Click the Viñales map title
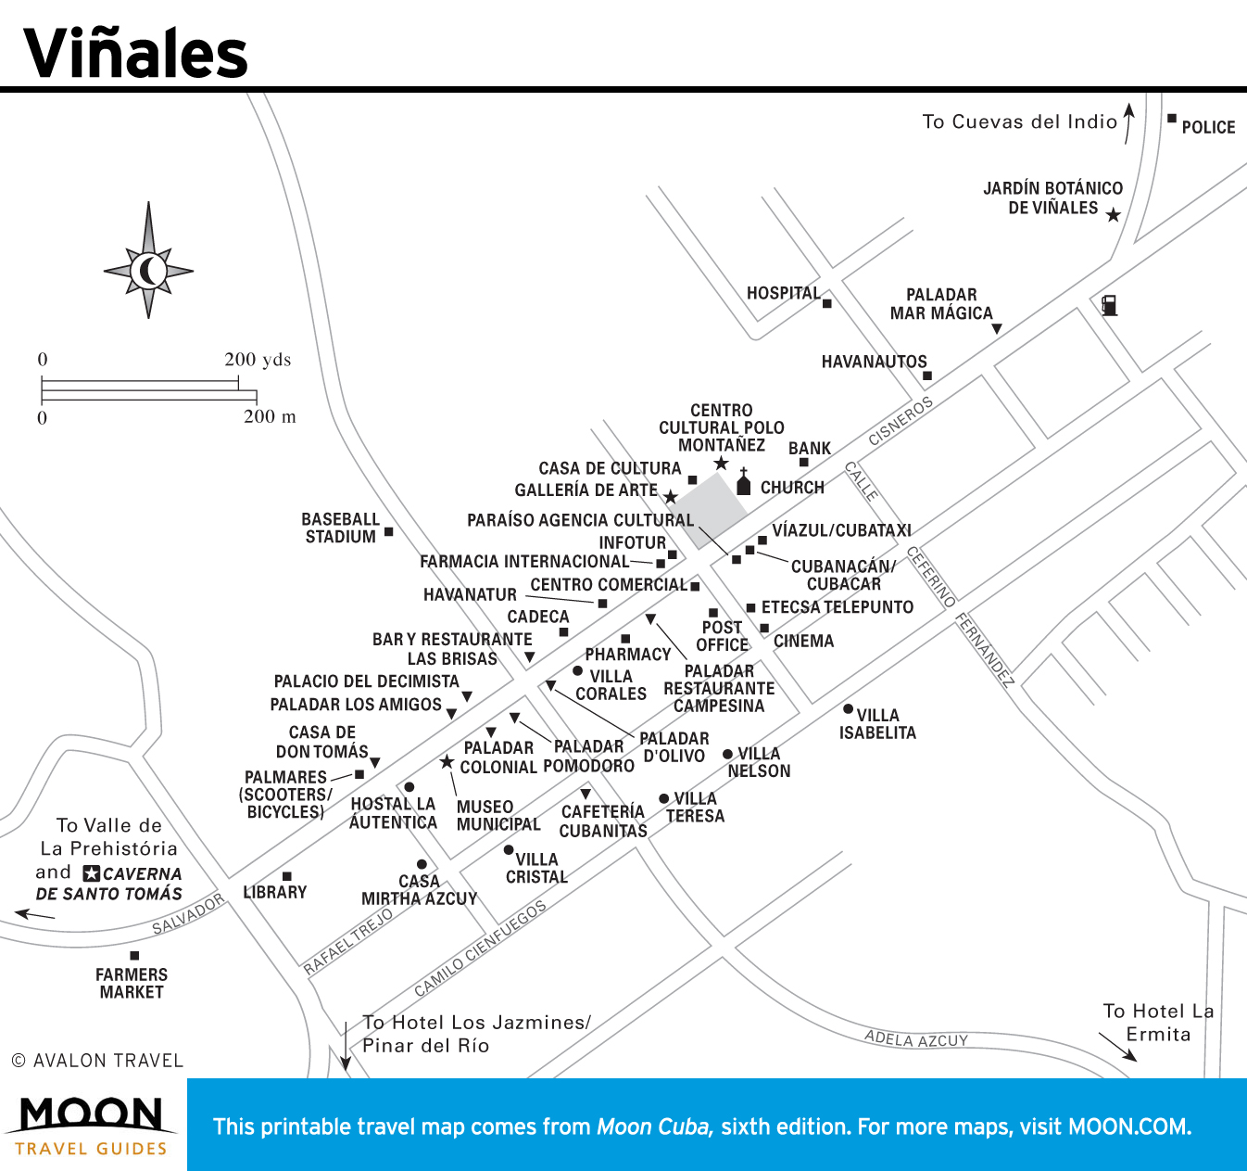click(135, 53)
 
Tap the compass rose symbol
click(148, 271)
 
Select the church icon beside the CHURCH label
click(743, 483)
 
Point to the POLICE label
click(1208, 127)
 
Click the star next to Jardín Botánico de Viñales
click(1114, 215)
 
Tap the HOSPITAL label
click(783, 293)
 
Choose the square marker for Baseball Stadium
click(389, 531)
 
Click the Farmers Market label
click(132, 983)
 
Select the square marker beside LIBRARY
click(287, 876)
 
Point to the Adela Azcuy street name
click(916, 1039)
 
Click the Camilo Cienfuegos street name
click(480, 948)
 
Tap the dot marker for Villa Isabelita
click(848, 709)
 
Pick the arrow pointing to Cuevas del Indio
click(1128, 122)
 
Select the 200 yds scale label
click(258, 360)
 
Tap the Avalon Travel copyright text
click(97, 1060)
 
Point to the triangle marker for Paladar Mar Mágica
click(997, 329)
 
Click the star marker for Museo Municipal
click(447, 762)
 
